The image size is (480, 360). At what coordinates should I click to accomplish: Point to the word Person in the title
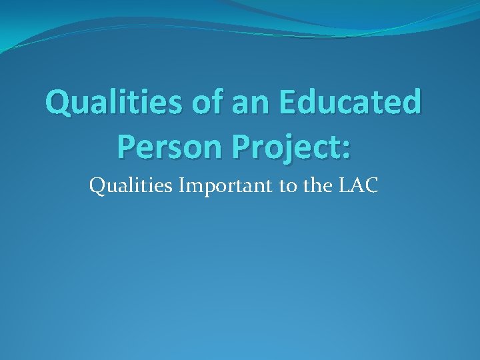(x=164, y=146)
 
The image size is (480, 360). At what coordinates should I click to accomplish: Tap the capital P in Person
(x=126, y=146)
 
